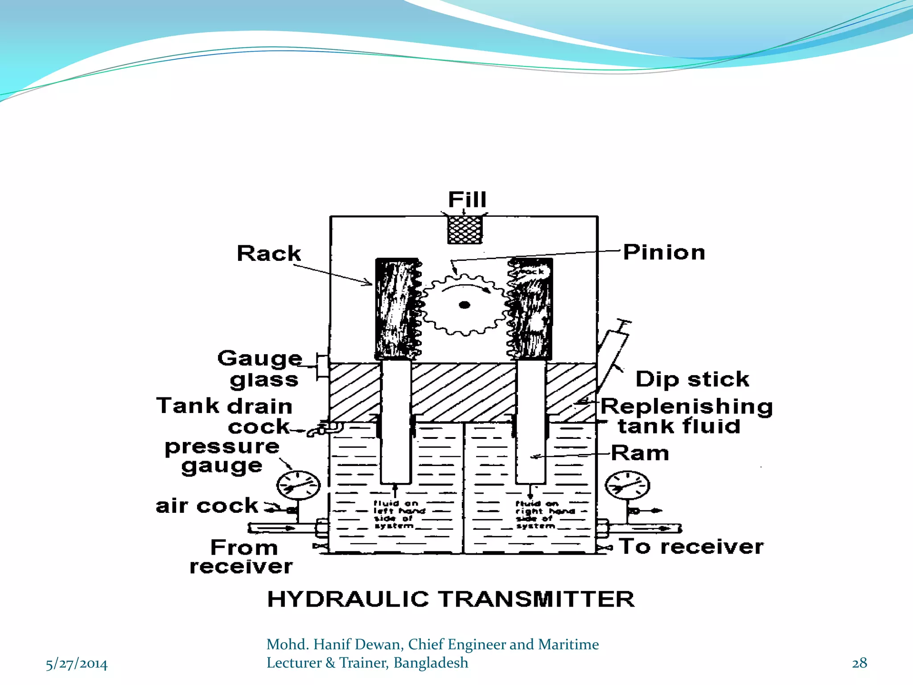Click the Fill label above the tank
467,199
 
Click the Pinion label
664,252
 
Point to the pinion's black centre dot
465,305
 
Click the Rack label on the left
269,253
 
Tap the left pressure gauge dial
298,485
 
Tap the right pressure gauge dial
627,485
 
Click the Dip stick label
692,380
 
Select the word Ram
640,453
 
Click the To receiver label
691,547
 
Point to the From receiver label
242,557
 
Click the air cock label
207,506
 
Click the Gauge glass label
259,369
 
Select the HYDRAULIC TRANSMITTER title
451,599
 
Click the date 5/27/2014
77,664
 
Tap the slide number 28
859,663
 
